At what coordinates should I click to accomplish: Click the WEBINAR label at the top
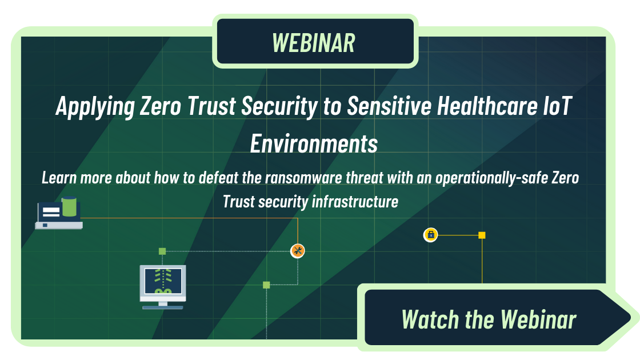pos(314,43)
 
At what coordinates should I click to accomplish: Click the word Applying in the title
pos(95,107)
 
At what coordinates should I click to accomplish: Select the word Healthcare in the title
pos(487,106)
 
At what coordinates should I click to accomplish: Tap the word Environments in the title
pos(314,143)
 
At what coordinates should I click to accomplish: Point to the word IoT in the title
pos(558,106)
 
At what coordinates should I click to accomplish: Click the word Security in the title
pos(279,107)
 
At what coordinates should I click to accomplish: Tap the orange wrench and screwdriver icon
pos(298,251)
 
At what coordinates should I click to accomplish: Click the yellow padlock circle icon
pos(431,235)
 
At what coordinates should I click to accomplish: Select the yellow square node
pos(482,235)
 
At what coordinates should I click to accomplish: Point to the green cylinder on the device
pos(69,206)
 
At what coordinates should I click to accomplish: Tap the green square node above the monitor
pos(162,251)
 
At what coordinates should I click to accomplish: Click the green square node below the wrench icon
pos(266,285)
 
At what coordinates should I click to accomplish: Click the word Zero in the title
pos(161,106)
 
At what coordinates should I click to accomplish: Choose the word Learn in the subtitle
pos(59,178)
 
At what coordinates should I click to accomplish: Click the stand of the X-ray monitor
pos(163,305)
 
